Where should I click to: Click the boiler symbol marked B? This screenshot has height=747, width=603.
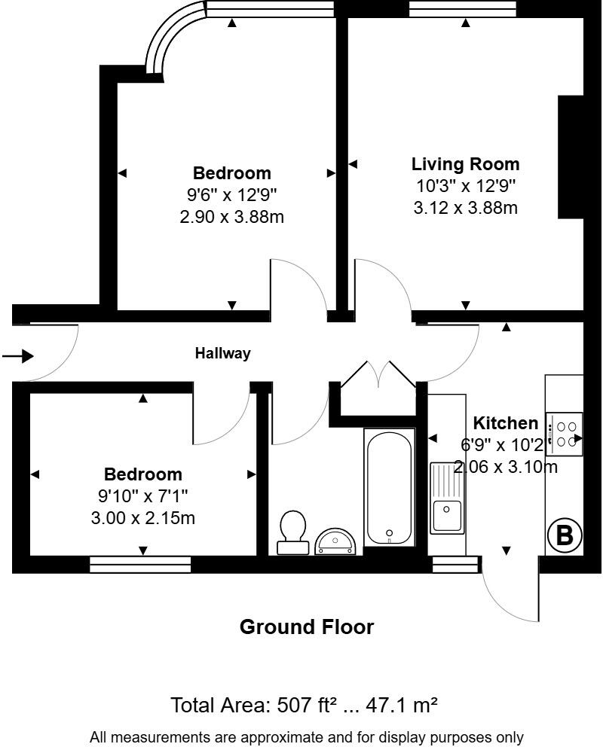point(564,535)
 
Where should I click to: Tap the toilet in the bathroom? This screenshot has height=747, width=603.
point(292,532)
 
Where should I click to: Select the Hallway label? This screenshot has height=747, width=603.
point(223,353)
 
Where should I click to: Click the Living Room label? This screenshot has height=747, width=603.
point(465,164)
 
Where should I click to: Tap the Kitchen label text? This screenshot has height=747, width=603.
point(506,423)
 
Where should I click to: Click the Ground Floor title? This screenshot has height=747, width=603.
point(306,627)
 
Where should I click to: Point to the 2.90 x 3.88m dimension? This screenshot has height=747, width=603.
point(231,217)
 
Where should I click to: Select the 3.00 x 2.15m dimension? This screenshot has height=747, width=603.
point(142,518)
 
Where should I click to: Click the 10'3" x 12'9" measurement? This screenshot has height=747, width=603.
point(465,186)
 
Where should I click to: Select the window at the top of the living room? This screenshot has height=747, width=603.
point(463,9)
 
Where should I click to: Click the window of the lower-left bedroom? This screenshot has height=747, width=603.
point(140,565)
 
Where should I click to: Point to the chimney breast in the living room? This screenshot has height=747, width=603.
point(570,156)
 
